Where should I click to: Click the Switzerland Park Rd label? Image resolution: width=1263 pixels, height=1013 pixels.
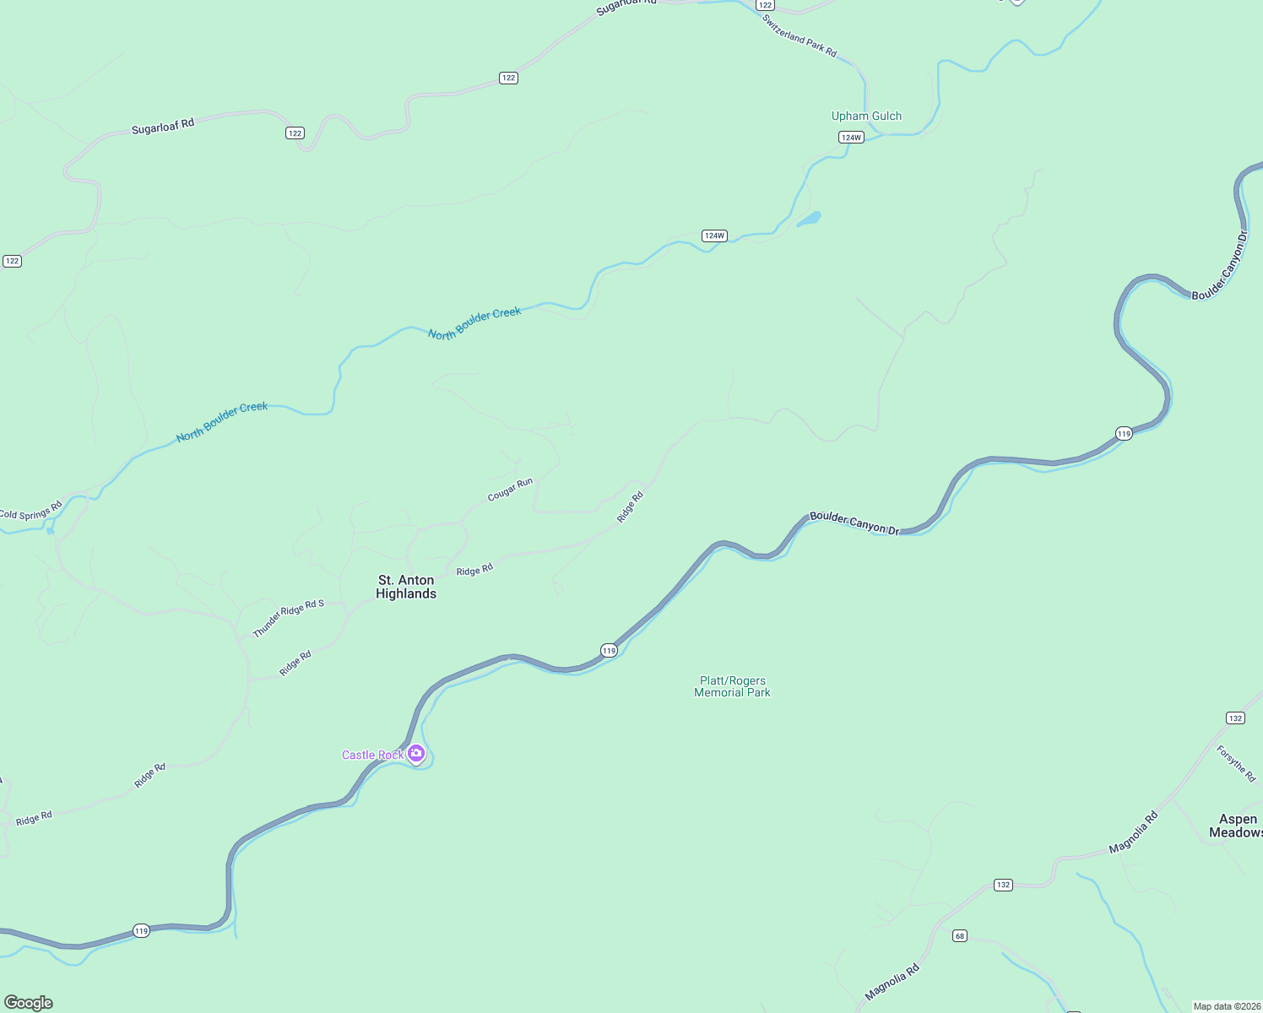[800, 36]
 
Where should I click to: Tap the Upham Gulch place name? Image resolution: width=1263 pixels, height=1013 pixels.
[866, 116]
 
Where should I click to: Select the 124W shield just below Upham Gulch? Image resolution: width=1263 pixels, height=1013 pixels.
[851, 138]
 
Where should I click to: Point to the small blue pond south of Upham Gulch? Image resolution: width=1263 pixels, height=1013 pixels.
[809, 219]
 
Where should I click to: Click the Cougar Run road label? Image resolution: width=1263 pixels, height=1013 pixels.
[511, 490]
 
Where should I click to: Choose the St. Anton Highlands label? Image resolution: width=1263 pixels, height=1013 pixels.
[406, 587]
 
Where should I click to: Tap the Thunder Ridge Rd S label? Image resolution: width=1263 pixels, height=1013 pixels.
[288, 618]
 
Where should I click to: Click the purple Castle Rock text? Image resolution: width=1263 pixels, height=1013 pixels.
[372, 755]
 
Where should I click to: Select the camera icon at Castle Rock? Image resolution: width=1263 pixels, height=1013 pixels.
[416, 753]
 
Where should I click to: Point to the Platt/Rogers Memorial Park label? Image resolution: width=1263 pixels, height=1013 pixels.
[732, 686]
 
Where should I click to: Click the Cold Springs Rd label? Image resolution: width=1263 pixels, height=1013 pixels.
[31, 511]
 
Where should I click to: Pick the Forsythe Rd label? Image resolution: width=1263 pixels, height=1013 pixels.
[1237, 763]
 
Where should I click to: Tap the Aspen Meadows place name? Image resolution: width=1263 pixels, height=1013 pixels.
[1237, 826]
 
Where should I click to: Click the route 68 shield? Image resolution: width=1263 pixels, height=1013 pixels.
[959, 936]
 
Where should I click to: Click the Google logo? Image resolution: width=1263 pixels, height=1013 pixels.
[29, 1003]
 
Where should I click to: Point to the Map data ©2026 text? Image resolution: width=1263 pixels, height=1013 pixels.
[1227, 1006]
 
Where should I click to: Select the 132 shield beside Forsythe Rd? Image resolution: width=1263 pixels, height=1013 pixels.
[1235, 718]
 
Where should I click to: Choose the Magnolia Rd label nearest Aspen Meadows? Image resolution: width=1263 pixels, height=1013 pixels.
[1133, 832]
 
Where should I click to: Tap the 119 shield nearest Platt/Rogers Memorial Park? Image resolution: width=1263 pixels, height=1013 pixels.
[610, 650]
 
